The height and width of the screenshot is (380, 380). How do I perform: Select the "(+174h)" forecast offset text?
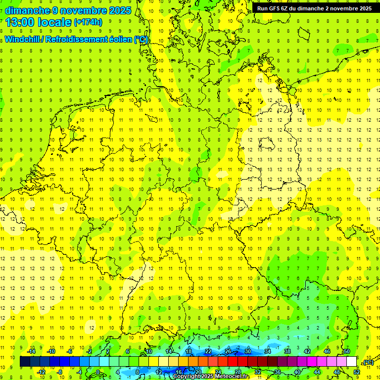click(88, 22)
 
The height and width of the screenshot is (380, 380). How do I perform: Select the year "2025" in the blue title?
click(120, 10)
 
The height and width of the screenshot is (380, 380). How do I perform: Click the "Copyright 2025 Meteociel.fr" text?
click(210, 377)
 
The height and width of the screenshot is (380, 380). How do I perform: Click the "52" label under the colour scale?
click(357, 372)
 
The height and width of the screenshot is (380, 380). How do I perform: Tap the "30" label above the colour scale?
click(248, 351)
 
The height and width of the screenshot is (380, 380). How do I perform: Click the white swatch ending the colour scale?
click(352, 362)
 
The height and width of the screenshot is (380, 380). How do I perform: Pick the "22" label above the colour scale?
click(208, 351)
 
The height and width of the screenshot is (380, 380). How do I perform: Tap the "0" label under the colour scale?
click(98, 372)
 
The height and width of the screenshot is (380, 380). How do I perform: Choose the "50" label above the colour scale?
click(347, 351)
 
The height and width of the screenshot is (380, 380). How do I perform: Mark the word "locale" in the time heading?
click(54, 22)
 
